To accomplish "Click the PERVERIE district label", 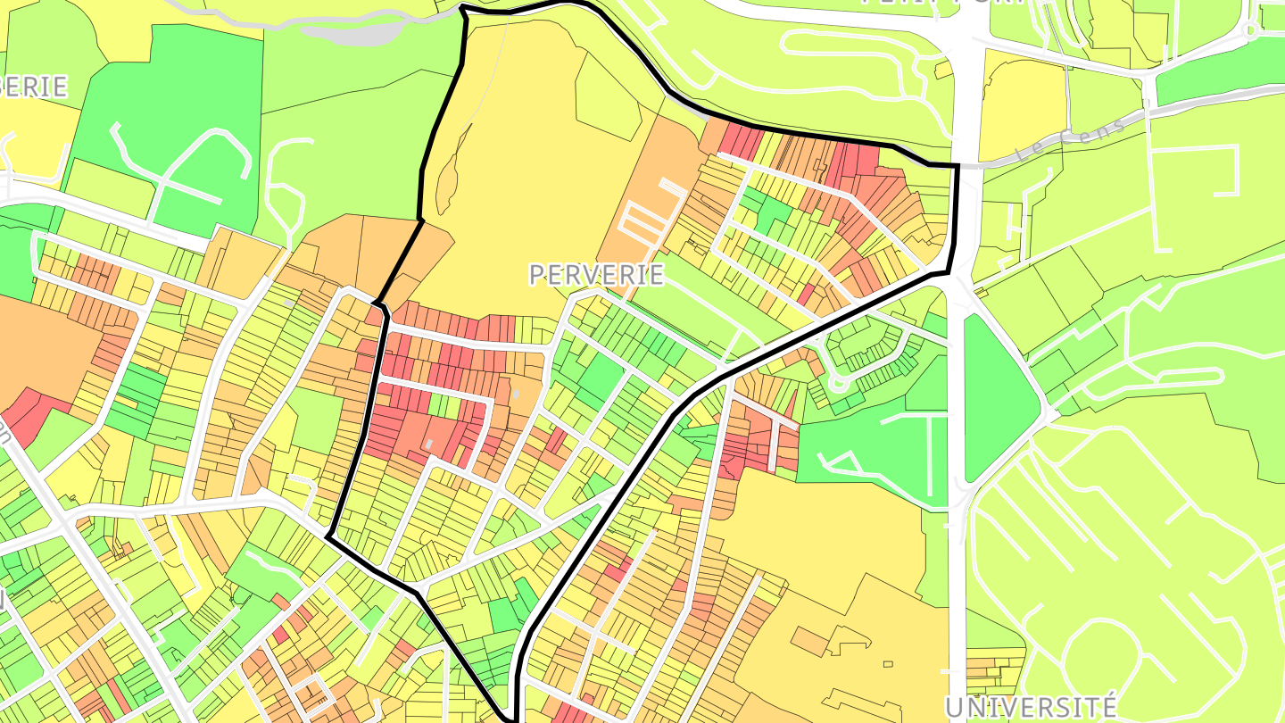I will coord(596,274).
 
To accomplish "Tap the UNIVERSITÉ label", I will coord(1030,708).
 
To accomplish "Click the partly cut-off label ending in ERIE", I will coord(34,87).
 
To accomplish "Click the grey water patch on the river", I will coord(348,26).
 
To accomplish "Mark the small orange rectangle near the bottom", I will coord(810,640).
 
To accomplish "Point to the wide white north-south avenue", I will coord(957,446).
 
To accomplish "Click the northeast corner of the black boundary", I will coord(957,166).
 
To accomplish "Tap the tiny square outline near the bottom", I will coord(890,663).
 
